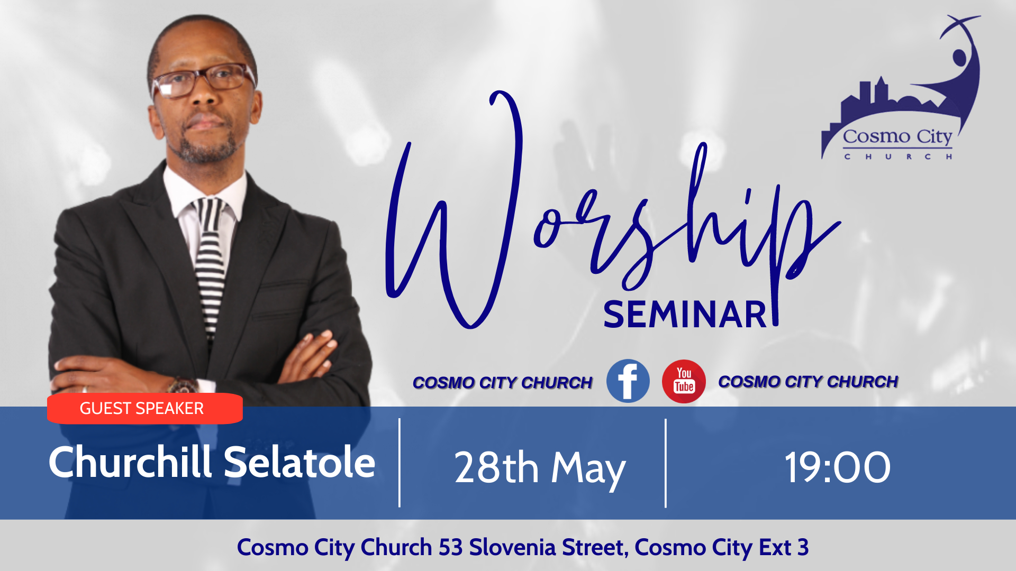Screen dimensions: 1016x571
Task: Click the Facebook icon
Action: pos(628,381)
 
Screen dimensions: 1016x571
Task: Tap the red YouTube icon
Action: pos(684,381)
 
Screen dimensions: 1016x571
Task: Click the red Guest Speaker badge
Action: pos(144,408)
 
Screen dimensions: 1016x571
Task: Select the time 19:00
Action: pos(838,467)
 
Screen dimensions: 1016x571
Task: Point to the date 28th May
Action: pos(540,468)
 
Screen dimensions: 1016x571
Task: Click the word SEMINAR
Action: pos(685,315)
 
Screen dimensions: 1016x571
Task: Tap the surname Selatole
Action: pos(300,462)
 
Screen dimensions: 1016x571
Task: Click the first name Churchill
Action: pos(130,462)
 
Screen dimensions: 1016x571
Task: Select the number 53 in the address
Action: pos(450,547)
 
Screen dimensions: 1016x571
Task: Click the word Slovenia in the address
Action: pos(512,547)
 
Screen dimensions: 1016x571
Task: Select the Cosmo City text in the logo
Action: pos(897,137)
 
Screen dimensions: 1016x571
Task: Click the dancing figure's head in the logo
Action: pos(959,57)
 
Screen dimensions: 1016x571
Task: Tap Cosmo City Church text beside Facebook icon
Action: pos(502,382)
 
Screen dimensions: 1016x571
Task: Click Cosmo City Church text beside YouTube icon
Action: pos(808,381)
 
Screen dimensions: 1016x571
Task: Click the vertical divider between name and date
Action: pos(400,463)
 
